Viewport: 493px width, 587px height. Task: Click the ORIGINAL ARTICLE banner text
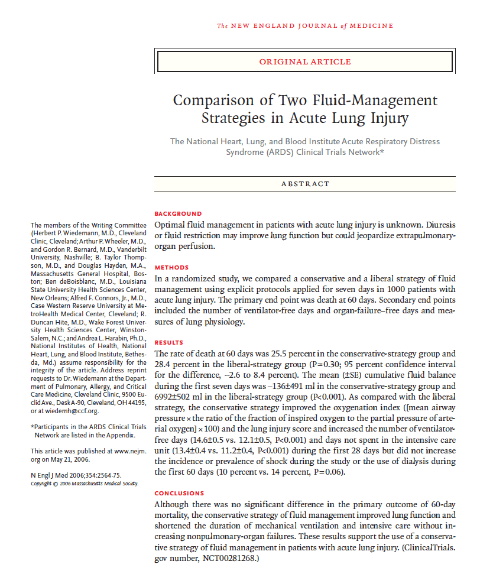(304, 61)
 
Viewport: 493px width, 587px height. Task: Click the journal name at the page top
(304, 25)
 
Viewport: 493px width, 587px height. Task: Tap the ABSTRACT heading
(305, 184)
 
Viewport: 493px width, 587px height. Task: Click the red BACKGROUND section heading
(178, 213)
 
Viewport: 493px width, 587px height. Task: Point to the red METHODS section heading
(171, 267)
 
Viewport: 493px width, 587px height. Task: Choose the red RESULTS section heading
(169, 342)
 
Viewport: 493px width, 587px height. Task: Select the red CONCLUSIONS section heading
(179, 493)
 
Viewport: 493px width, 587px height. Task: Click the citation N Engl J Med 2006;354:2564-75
(76, 475)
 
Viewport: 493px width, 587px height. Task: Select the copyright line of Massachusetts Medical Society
(84, 483)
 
